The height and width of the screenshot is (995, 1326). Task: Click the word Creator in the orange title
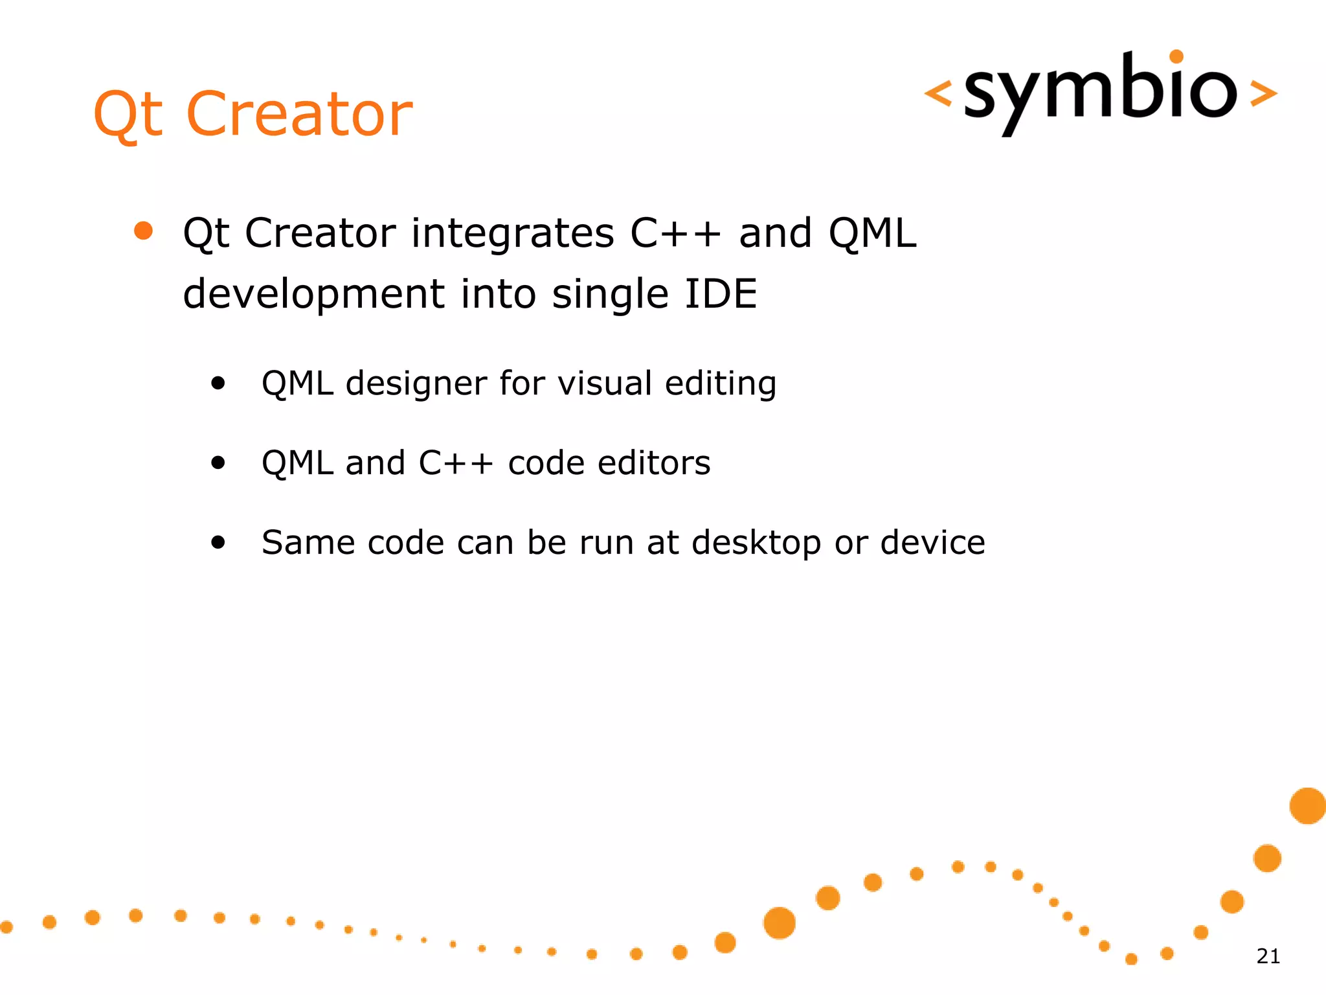tap(299, 114)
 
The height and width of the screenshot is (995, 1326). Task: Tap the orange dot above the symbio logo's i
tap(1176, 57)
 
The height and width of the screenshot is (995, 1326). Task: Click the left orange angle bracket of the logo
tap(938, 93)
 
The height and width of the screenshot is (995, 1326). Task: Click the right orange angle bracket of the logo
tap(1263, 93)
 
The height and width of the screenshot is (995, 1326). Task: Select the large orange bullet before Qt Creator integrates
tap(143, 231)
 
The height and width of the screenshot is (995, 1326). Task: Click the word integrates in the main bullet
tap(512, 233)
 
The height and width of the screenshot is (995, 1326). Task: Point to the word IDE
tap(720, 294)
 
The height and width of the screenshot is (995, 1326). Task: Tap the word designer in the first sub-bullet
tap(415, 383)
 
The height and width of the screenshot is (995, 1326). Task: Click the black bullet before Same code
tap(218, 542)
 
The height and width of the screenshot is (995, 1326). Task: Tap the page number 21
tap(1268, 956)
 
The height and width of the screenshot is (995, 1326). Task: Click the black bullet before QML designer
tap(218, 383)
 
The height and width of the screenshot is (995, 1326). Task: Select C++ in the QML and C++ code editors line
tap(456, 463)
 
